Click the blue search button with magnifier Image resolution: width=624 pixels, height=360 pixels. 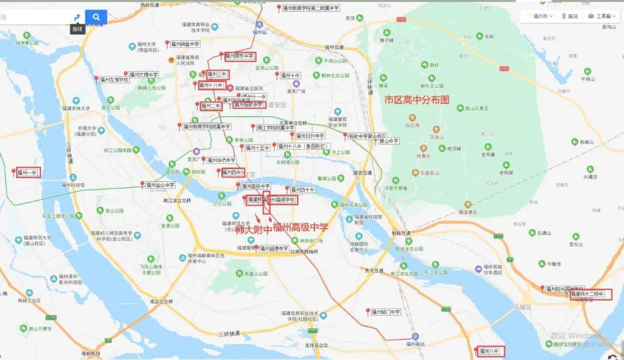point(96,17)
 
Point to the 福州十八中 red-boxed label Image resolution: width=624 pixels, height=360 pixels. point(211,86)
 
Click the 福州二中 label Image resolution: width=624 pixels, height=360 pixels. point(211,106)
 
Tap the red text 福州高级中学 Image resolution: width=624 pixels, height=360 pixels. point(300,227)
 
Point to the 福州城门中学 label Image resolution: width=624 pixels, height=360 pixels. point(386,312)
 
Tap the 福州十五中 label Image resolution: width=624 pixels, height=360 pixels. point(258,148)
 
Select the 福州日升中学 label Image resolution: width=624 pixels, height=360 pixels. point(311,136)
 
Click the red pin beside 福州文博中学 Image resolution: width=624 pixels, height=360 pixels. point(125,74)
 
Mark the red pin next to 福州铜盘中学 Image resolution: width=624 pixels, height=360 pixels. point(167,43)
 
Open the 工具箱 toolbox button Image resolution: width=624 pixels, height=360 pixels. point(603,16)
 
